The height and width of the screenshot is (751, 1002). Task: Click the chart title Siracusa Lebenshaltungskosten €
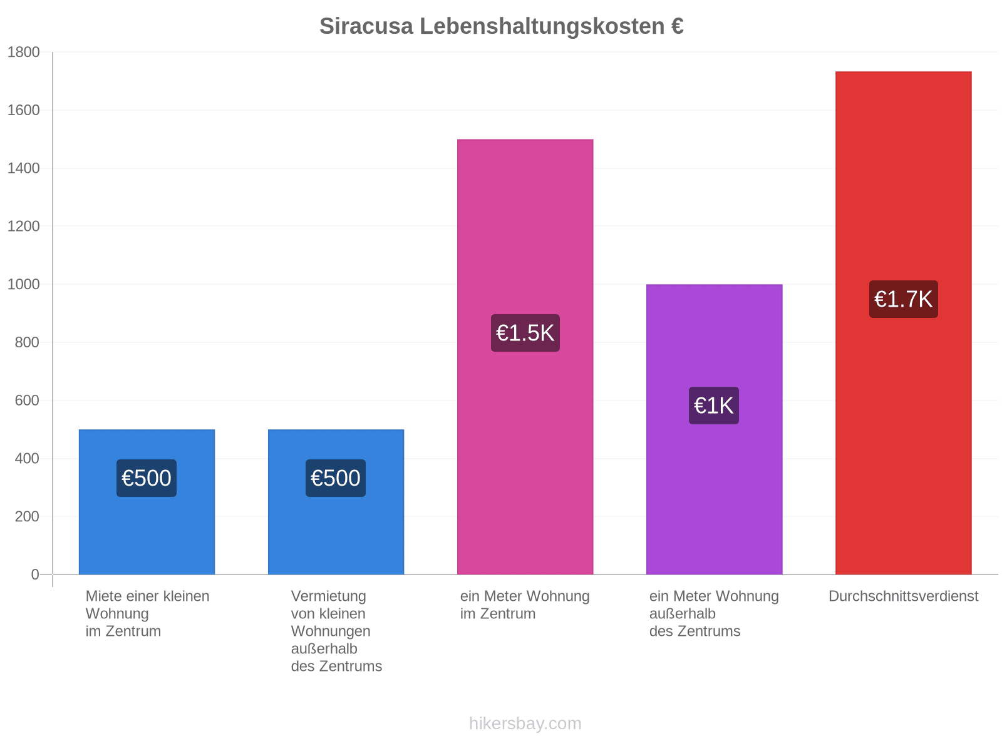[501, 26]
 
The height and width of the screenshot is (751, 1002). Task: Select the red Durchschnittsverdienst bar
[903, 323]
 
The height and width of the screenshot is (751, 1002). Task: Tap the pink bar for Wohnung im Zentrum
[525, 357]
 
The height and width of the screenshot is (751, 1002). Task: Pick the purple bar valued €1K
[714, 429]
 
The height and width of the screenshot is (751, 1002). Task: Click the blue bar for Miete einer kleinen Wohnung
[147, 501]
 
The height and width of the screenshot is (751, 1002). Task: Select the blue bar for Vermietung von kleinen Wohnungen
[336, 501]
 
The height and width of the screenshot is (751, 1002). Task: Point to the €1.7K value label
[903, 299]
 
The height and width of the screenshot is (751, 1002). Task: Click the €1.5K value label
[525, 333]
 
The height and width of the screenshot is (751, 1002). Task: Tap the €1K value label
[713, 406]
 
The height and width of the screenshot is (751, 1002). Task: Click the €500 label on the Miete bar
[146, 478]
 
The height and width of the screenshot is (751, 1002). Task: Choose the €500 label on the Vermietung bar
[335, 478]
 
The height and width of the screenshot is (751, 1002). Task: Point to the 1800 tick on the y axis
[23, 52]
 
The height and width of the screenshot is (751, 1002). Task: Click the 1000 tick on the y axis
[23, 284]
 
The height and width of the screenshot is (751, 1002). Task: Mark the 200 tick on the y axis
[27, 516]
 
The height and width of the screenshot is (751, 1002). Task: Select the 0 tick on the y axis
[35, 575]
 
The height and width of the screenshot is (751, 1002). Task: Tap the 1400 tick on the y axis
[23, 168]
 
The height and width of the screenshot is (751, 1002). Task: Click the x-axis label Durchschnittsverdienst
[903, 596]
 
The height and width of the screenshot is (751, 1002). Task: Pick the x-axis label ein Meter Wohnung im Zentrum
[525, 605]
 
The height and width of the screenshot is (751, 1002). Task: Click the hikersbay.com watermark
[525, 723]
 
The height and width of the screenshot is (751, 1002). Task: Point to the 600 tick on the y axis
[27, 401]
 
